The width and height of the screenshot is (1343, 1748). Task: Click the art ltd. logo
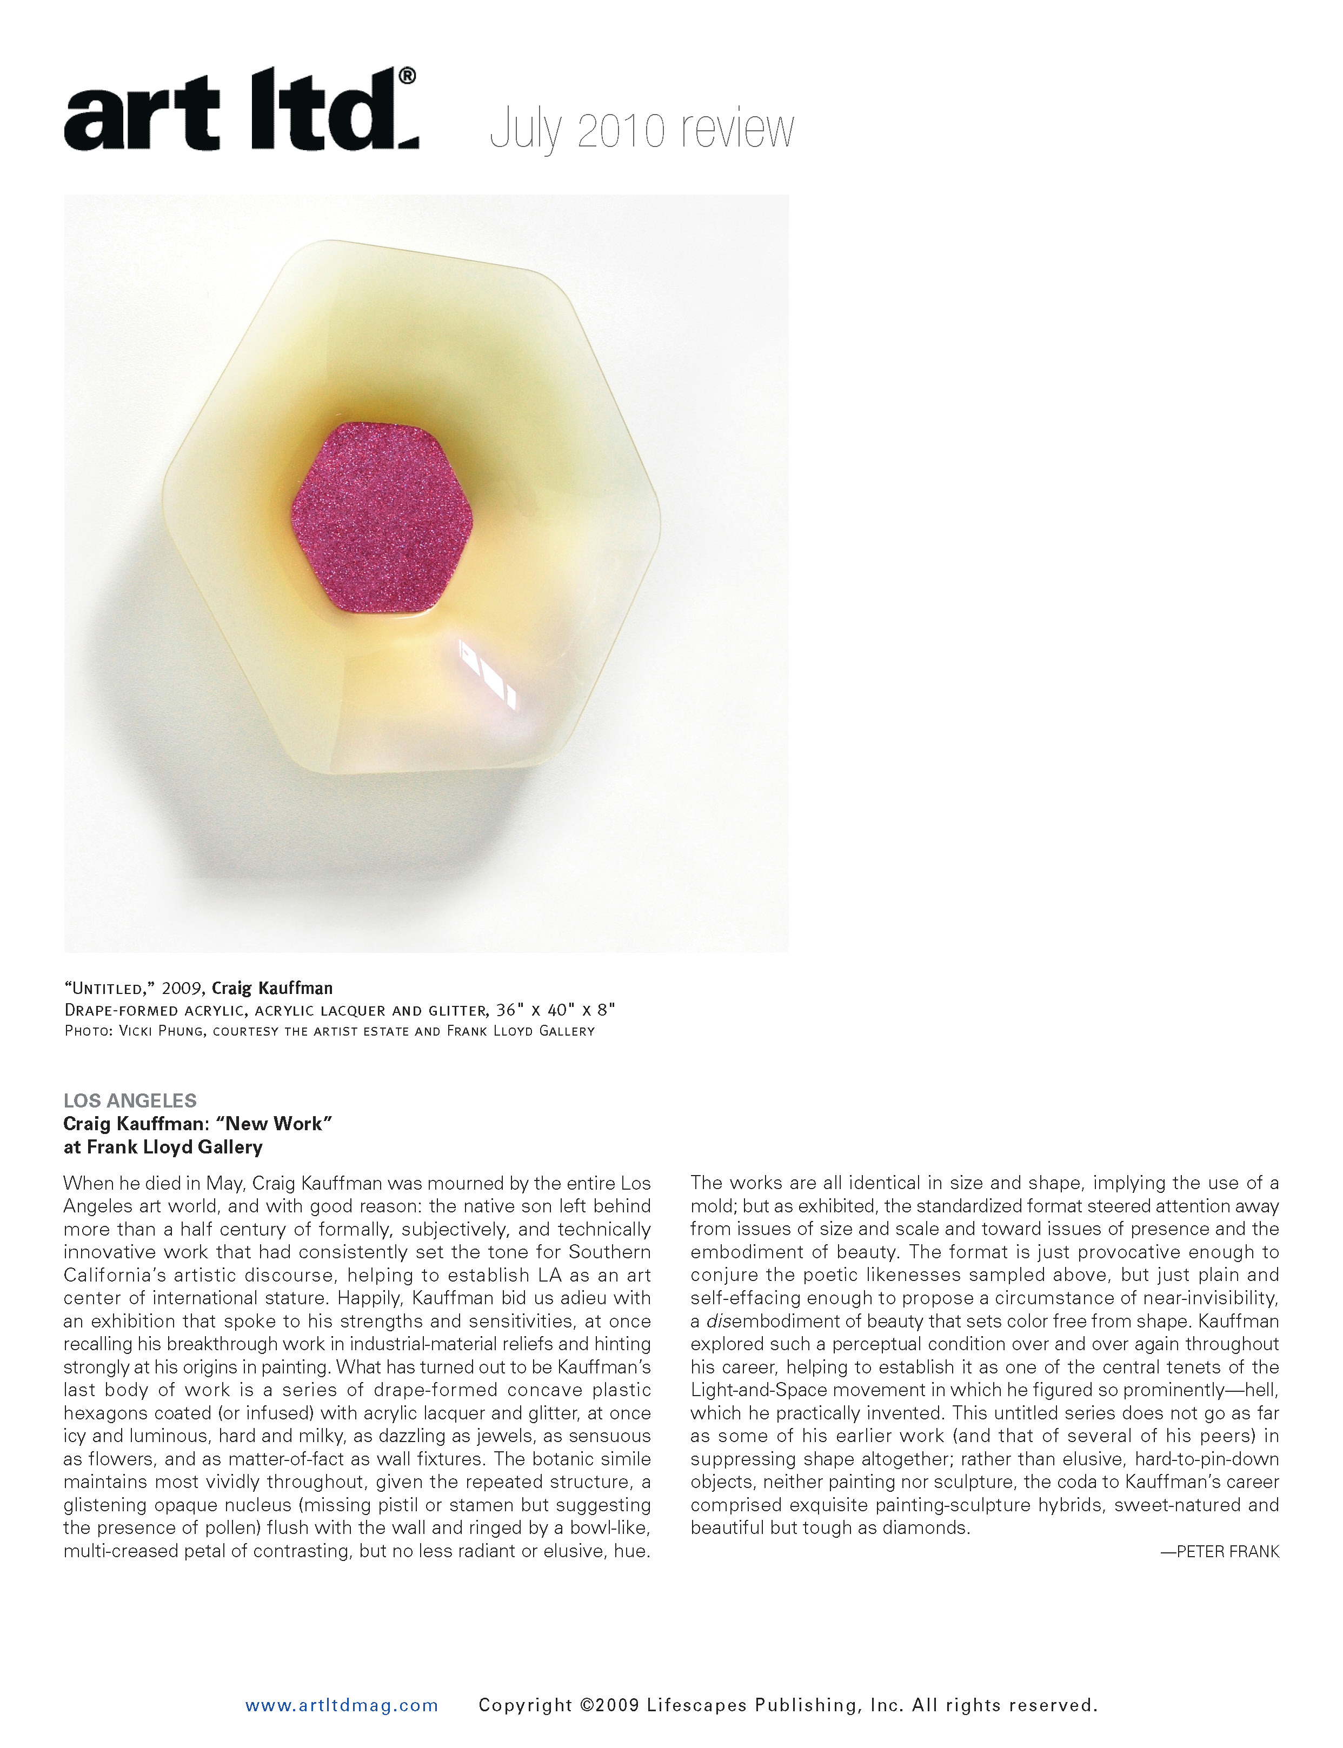coord(240,112)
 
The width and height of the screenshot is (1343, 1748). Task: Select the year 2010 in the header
coord(621,130)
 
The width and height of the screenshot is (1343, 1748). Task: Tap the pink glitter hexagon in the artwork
coord(381,519)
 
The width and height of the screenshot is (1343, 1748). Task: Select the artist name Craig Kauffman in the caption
coord(272,988)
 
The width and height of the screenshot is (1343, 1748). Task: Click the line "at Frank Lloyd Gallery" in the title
coord(163,1147)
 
